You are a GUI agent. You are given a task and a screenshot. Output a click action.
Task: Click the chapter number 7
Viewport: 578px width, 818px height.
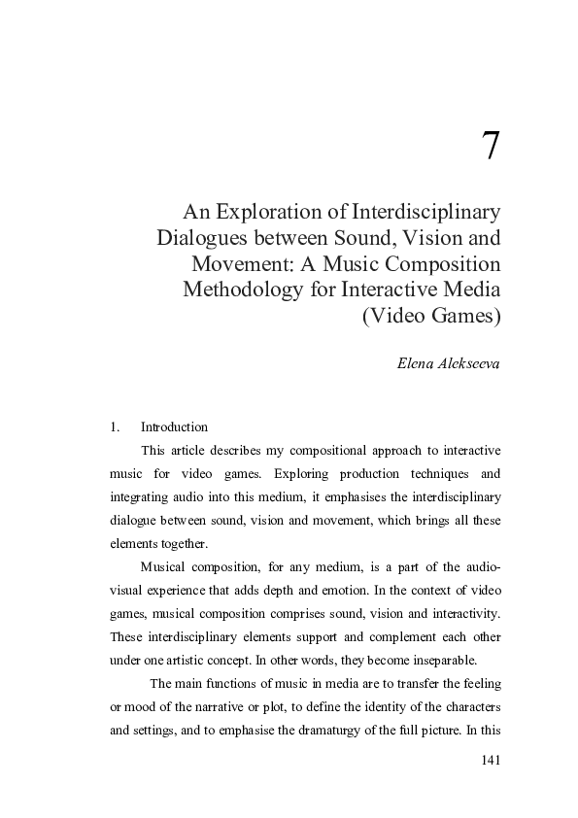(491, 146)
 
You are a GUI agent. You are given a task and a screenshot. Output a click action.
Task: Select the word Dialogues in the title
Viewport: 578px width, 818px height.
(204, 238)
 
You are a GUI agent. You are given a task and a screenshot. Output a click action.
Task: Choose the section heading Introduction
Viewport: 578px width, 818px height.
(174, 426)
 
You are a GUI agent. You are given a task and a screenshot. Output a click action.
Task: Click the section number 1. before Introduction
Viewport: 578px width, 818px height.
(115, 426)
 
